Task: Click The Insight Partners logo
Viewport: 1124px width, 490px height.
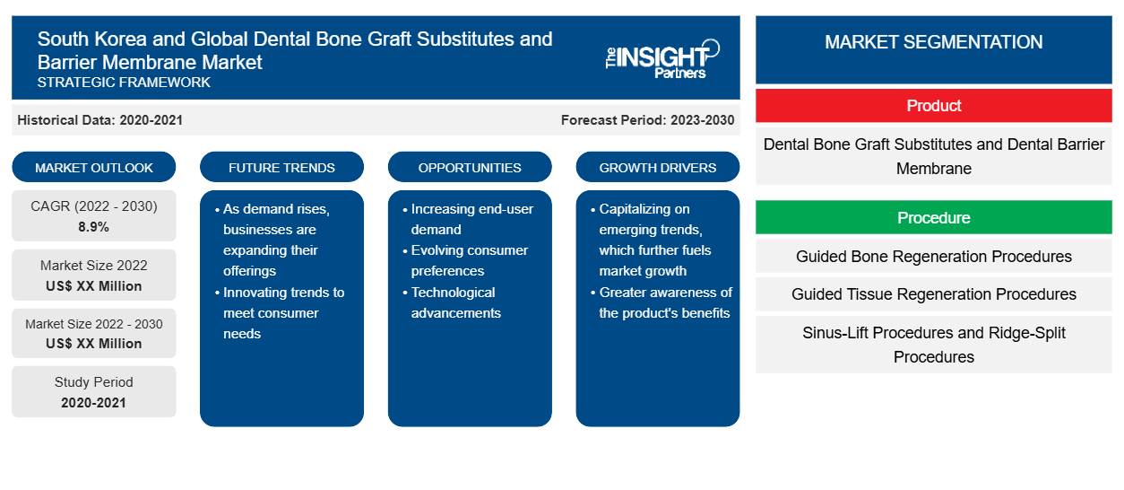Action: (x=662, y=59)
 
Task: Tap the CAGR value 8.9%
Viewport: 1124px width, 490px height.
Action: (x=93, y=227)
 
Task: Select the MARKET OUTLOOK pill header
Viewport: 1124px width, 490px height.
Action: (x=94, y=167)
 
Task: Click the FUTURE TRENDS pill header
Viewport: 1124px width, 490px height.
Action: (x=281, y=167)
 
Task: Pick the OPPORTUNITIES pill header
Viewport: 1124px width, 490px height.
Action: (x=470, y=167)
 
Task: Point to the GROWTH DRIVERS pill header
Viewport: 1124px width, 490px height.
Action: (x=657, y=167)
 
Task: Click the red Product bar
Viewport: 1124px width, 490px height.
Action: (x=934, y=106)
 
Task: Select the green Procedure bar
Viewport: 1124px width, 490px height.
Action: (x=934, y=217)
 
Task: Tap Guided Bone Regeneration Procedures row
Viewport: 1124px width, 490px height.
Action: (x=934, y=257)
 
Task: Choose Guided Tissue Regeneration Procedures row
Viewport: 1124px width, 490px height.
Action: (x=934, y=294)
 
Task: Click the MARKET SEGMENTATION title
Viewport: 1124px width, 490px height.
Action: (x=934, y=41)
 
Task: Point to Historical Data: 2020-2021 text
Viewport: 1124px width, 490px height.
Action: (x=99, y=120)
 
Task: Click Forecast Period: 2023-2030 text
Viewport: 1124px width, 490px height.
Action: (x=647, y=120)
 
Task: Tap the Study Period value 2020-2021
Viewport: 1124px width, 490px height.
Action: (x=93, y=403)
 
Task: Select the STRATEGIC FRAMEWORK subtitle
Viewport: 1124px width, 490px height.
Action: (x=124, y=83)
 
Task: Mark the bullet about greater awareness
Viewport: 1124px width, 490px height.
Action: (x=661, y=302)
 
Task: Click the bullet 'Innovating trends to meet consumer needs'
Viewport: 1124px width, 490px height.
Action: (x=280, y=313)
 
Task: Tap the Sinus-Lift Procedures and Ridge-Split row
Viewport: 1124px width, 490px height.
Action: (x=934, y=345)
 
